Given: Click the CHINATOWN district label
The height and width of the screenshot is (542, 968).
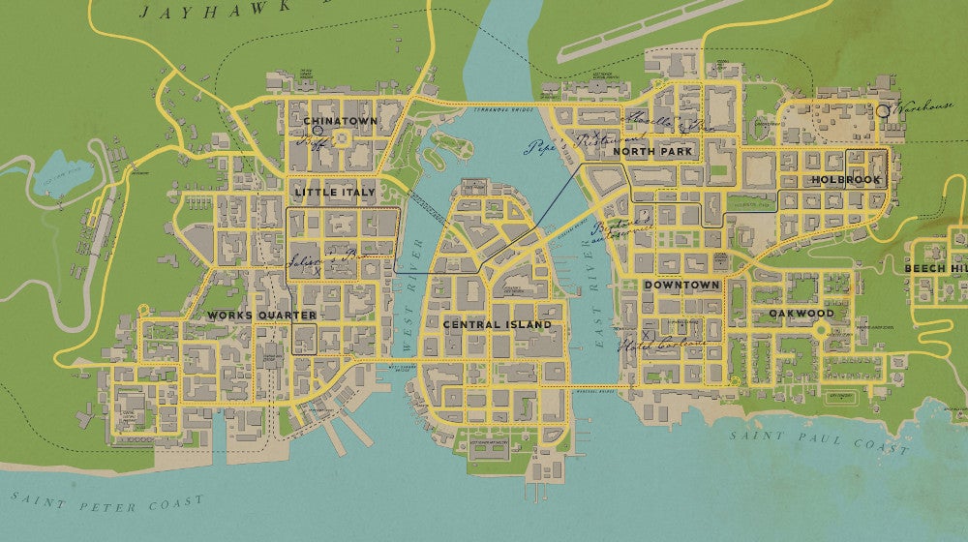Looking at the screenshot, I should (340, 121).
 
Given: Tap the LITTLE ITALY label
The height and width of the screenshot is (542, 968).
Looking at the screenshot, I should (334, 193).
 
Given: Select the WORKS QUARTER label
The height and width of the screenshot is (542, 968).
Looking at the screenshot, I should (261, 316).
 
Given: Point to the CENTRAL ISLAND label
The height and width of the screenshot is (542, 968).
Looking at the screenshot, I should (497, 325).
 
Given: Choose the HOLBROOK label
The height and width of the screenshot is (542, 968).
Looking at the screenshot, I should (846, 180).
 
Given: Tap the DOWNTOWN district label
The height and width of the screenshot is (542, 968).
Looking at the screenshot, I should (681, 286).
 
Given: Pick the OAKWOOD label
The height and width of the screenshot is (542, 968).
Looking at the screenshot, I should (802, 314).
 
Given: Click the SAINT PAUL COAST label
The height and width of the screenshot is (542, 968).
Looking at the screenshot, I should (819, 442).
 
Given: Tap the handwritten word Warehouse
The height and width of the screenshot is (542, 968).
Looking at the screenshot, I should (925, 109).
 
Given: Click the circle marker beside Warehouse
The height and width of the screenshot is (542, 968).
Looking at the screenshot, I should (883, 111).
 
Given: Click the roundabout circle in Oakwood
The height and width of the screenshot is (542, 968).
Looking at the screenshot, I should (821, 330).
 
